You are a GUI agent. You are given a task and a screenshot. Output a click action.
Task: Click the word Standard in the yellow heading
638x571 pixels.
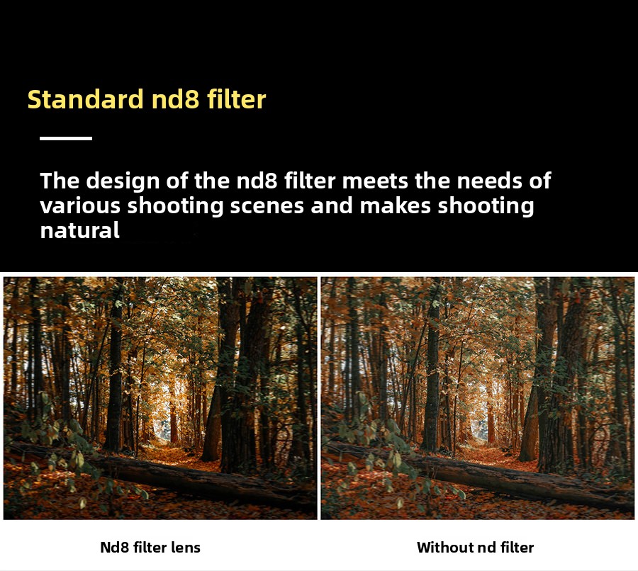(86, 99)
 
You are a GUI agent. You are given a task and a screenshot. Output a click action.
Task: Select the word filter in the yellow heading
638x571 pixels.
(236, 99)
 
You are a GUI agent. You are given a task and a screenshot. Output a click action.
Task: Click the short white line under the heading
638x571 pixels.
(66, 138)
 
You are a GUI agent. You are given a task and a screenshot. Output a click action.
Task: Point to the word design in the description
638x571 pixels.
(123, 181)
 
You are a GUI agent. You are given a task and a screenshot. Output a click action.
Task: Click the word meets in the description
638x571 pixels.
(375, 181)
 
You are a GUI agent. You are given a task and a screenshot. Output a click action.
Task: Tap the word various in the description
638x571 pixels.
(80, 205)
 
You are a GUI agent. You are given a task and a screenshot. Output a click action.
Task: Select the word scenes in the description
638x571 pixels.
(267, 205)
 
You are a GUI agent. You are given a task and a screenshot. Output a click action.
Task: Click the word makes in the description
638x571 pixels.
(395, 205)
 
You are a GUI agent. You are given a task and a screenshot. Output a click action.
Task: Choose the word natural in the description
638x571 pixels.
(79, 231)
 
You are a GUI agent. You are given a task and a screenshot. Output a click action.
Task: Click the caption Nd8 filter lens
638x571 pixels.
(150, 548)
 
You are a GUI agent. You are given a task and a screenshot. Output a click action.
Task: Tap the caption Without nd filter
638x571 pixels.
(475, 548)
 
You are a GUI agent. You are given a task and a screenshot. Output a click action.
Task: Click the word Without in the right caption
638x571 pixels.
(444, 548)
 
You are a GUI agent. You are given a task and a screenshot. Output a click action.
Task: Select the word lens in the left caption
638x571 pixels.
(186, 548)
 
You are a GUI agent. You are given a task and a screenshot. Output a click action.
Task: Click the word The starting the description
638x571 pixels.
(60, 181)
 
